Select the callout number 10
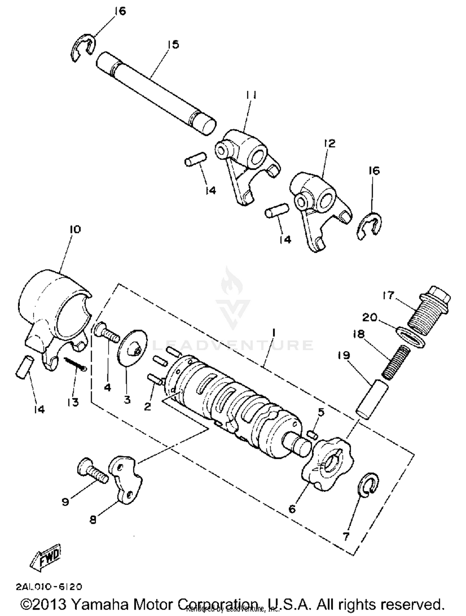pyautogui.click(x=75, y=229)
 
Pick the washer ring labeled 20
pyautogui.click(x=411, y=337)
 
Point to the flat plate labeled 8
pyautogui.click(x=125, y=481)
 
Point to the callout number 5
pyautogui.click(x=321, y=412)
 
